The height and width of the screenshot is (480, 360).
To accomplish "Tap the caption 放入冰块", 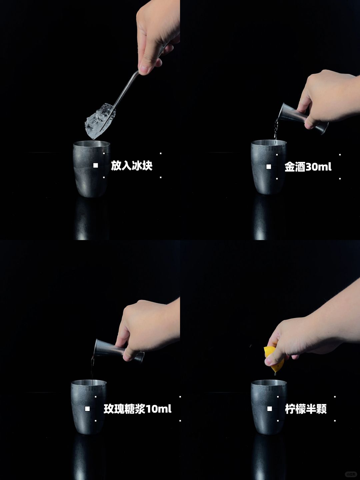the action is (132, 166).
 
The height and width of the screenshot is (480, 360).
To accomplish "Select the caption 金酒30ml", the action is (308, 167).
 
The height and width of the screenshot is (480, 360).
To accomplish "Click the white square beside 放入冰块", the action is (96, 165).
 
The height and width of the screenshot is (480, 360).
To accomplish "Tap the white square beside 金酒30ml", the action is (269, 167).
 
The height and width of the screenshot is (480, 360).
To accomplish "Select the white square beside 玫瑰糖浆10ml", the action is (87, 408).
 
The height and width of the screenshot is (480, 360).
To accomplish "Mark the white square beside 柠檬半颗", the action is (270, 408).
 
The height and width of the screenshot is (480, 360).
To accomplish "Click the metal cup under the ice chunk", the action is (92, 169).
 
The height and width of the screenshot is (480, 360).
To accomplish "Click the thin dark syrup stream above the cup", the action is (92, 370).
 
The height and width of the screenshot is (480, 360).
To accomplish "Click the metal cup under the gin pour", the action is (269, 167).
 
